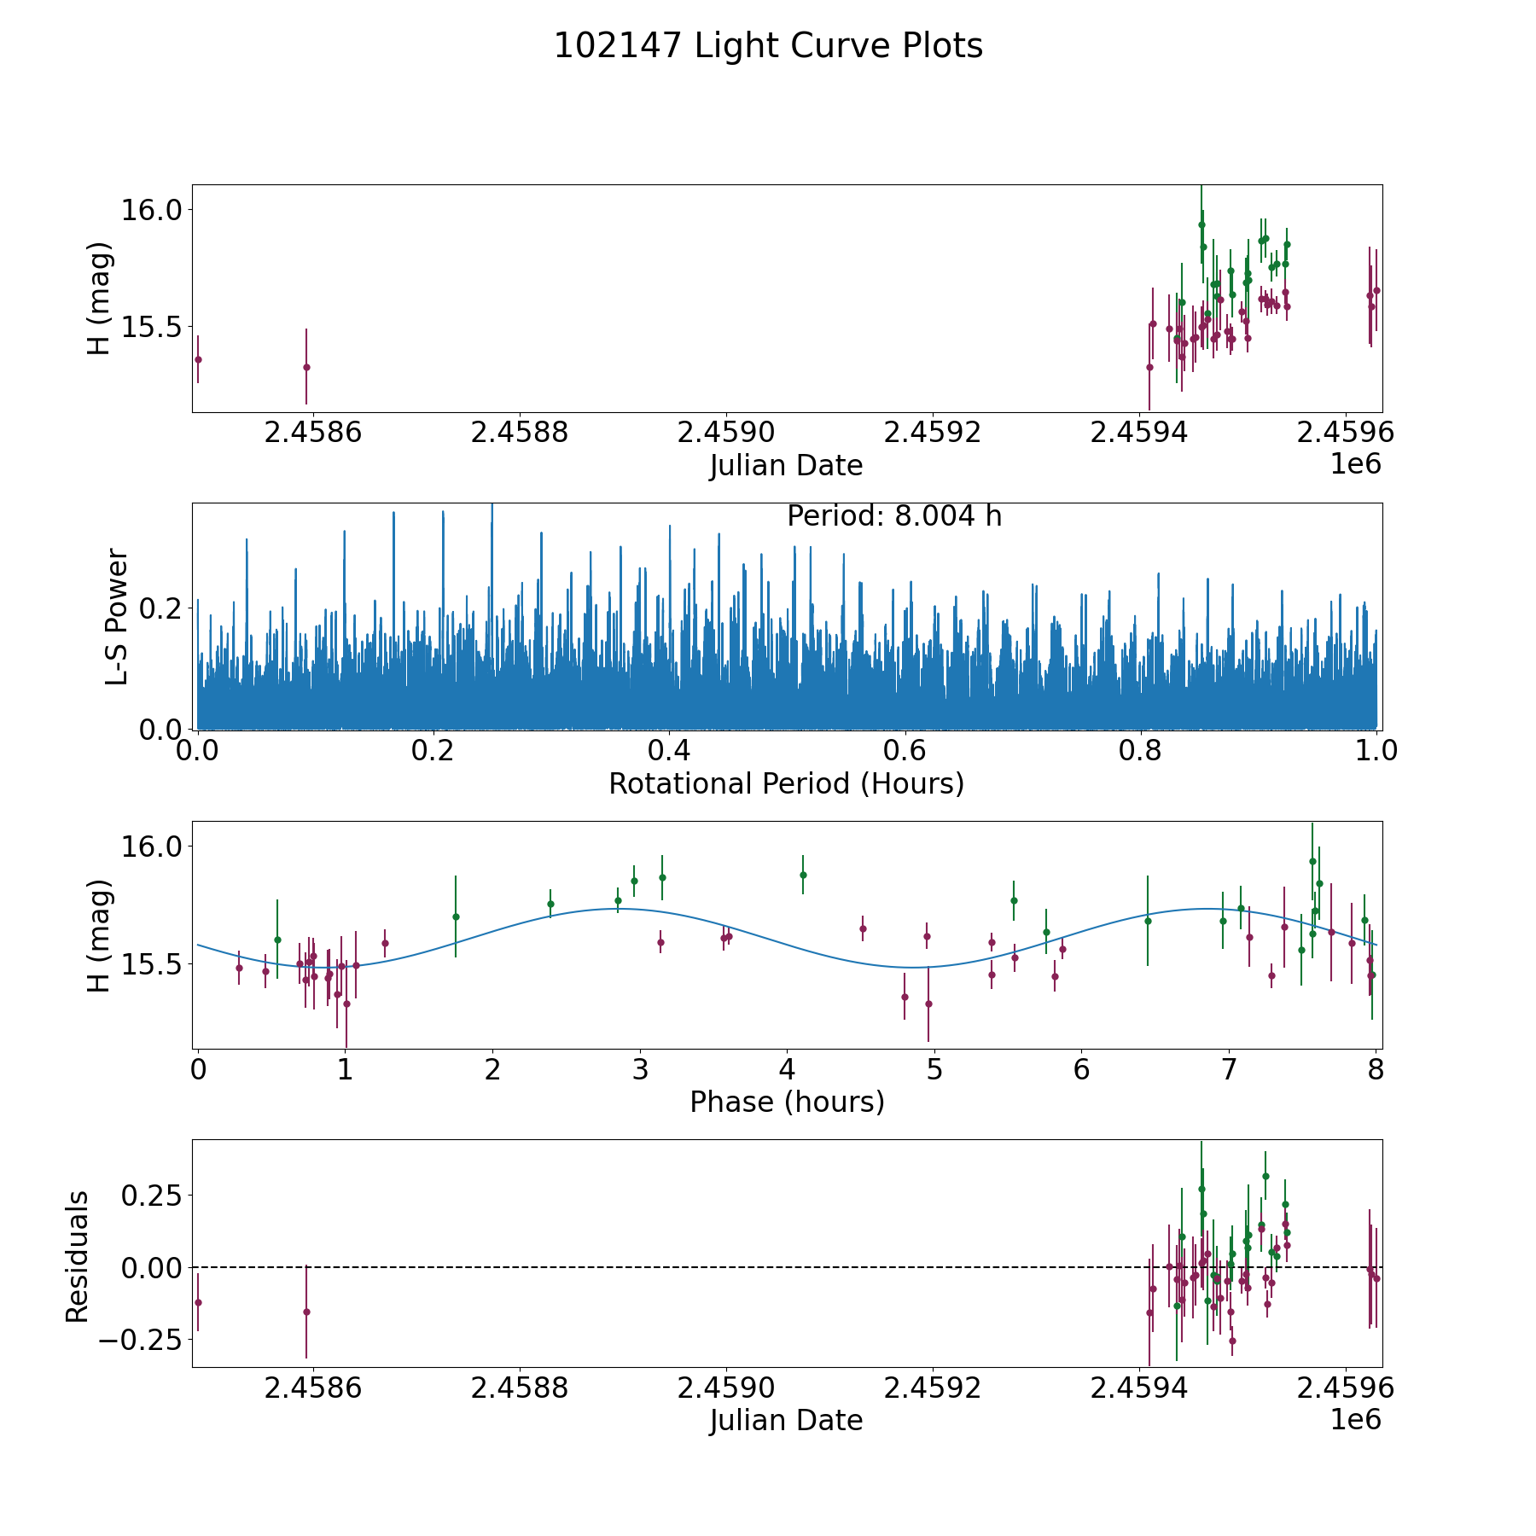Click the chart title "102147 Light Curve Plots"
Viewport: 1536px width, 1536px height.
click(768, 46)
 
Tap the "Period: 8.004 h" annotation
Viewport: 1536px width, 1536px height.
click(893, 516)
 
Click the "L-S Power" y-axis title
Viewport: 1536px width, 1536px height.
click(117, 616)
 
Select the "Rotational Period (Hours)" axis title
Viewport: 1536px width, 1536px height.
click(786, 783)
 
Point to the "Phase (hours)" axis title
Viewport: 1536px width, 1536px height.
click(786, 1102)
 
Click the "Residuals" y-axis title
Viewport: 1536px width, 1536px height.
click(78, 1257)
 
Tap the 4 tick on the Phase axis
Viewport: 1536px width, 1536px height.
click(787, 1070)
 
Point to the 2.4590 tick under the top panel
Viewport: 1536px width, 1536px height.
click(725, 433)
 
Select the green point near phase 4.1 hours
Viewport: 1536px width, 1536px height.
click(803, 875)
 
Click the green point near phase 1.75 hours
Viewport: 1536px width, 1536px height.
click(456, 916)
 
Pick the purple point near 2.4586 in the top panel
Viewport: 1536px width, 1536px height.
click(306, 367)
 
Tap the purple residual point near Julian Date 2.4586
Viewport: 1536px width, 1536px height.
click(306, 1312)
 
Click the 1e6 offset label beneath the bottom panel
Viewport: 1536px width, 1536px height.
click(1355, 1420)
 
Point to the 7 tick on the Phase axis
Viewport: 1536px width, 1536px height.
click(1229, 1070)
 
